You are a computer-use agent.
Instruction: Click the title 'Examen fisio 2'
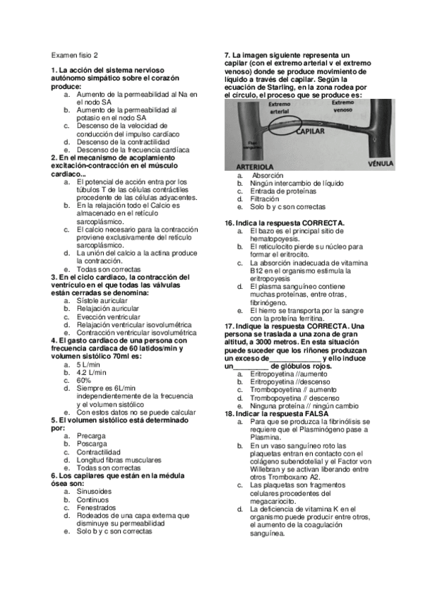(75, 54)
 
